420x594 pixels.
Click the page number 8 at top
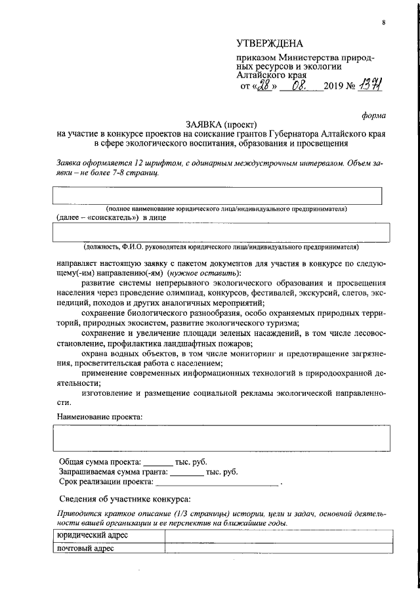(383, 23)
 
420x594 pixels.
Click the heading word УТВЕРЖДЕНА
(270, 44)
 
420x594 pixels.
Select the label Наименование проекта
(99, 417)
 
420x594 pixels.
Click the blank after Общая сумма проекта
(157, 462)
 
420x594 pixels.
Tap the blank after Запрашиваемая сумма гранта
(187, 471)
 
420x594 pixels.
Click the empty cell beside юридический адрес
(276, 536)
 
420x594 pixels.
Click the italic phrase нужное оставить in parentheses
(204, 272)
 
